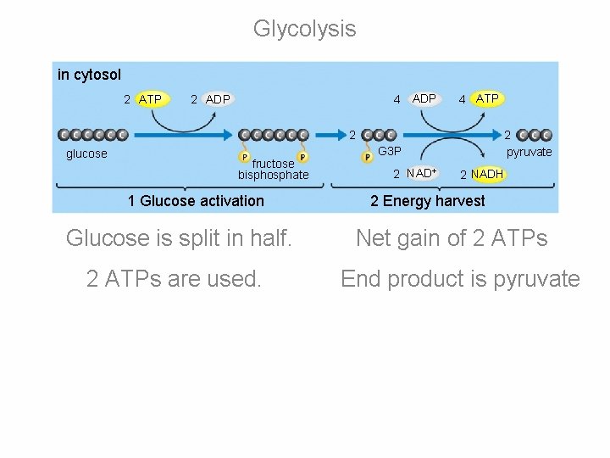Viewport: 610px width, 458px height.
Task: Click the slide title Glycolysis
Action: tap(304, 29)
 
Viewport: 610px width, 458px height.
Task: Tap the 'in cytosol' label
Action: tap(89, 75)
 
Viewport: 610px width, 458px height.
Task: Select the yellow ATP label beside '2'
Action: tap(150, 99)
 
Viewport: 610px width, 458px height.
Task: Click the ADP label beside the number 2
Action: tap(218, 99)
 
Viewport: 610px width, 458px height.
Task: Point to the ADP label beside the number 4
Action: tap(424, 98)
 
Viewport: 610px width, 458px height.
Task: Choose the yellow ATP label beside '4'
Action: tap(487, 98)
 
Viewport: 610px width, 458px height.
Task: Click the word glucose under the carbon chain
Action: tap(86, 154)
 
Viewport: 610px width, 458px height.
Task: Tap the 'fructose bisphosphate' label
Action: tap(273, 170)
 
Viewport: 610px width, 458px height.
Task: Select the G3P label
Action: tap(390, 151)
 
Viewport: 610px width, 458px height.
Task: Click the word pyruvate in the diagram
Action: tap(529, 152)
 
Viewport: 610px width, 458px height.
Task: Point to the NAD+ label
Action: tap(421, 174)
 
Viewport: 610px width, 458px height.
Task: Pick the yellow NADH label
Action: tap(487, 174)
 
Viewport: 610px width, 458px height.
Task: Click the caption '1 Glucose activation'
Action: tap(196, 201)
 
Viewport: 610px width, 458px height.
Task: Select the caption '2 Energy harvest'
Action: tap(428, 201)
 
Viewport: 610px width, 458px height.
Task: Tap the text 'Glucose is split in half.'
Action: tap(179, 239)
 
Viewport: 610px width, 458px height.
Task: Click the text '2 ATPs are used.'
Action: tap(174, 279)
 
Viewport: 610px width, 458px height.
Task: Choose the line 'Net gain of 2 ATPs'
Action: tap(452, 239)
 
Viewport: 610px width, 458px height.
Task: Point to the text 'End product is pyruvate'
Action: tap(460, 279)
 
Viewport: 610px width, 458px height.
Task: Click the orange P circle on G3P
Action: tap(368, 156)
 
